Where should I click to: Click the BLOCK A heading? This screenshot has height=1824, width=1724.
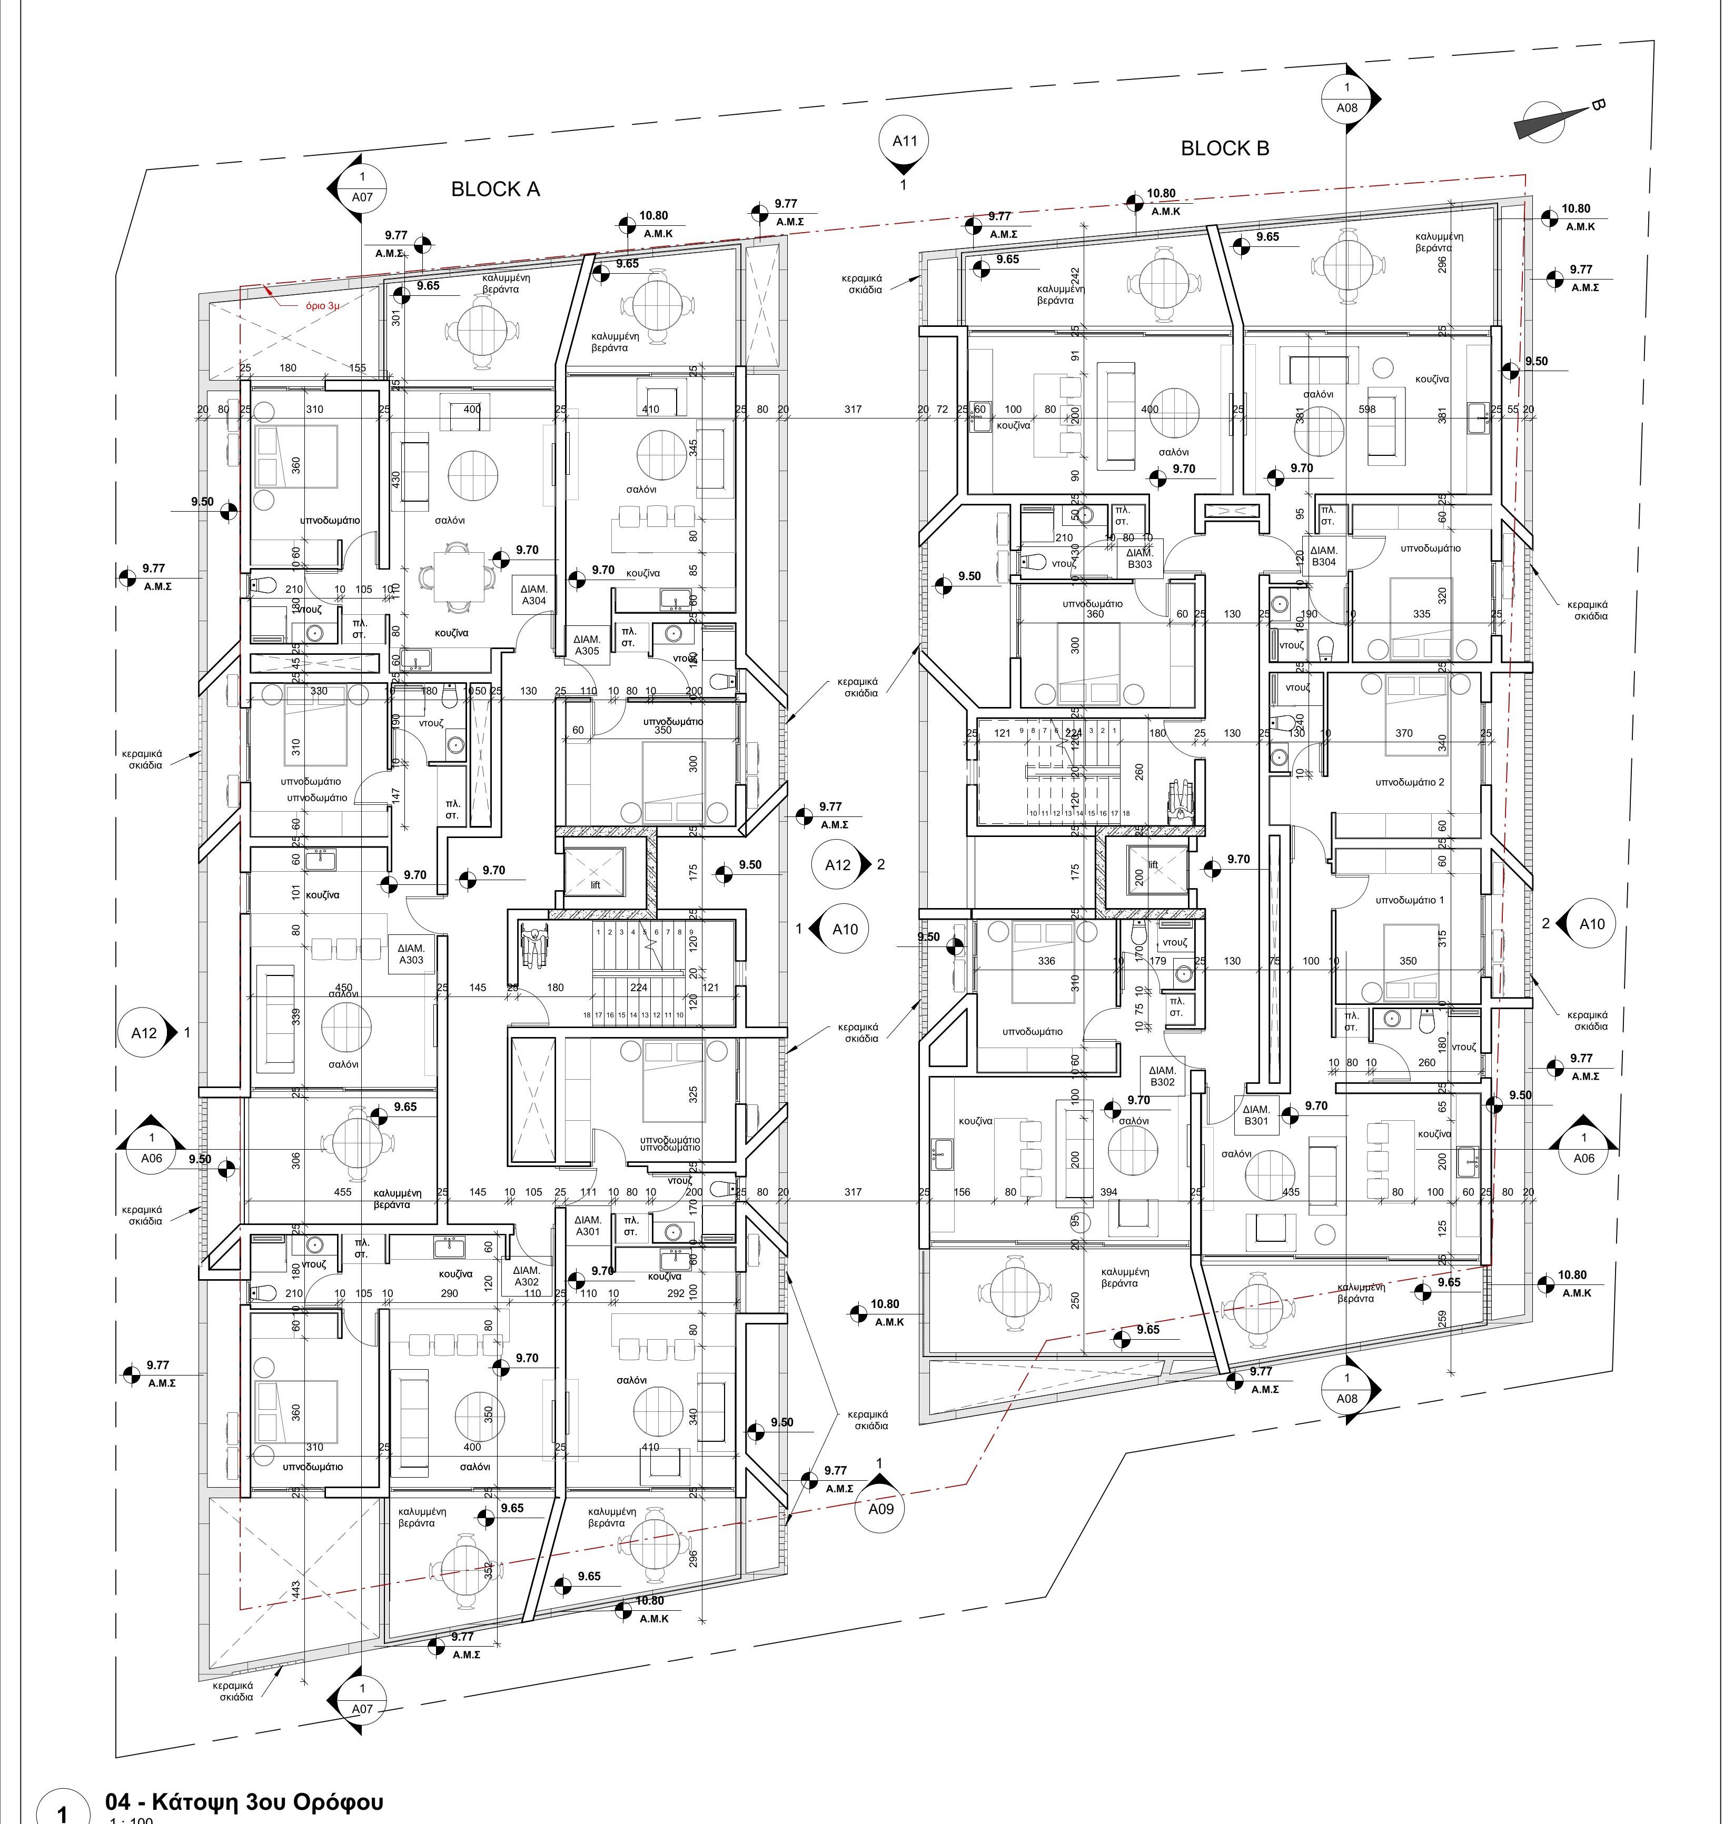[496, 190]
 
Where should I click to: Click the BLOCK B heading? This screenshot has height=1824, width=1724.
[1225, 148]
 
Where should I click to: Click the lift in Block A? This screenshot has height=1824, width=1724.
[593, 873]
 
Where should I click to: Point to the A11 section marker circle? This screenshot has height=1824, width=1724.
[905, 142]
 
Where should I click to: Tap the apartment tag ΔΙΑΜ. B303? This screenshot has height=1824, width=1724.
[1140, 558]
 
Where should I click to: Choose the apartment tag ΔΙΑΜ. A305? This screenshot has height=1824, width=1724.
[587, 645]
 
